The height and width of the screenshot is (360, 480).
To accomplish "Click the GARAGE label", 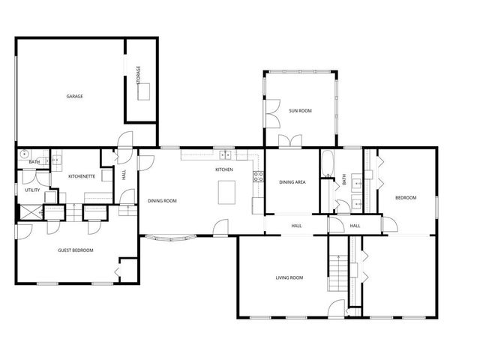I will pos(74,96).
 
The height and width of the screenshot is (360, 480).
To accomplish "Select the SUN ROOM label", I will pos(300,110).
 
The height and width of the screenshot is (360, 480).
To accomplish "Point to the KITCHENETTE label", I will pos(81,175).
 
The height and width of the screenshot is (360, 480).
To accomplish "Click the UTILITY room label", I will pos(32,190).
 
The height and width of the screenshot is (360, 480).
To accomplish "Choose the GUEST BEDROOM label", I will pos(76,250).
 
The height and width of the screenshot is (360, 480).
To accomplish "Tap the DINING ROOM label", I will pos(162,200).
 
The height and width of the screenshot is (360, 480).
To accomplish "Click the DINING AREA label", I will pos(292,182).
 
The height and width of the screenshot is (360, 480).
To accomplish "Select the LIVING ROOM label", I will pos(289,277).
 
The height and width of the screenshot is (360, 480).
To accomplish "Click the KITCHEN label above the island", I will pos(224,169).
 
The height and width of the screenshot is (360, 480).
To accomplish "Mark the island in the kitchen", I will pos(226,193).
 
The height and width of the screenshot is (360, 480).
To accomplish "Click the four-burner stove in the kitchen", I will pos(258,177).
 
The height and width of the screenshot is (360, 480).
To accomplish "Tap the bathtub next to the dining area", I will pos(325,164).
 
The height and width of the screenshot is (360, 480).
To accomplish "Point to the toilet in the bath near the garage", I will pos(23,154).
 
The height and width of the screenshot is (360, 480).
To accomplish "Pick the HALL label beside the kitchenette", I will pos(124,175).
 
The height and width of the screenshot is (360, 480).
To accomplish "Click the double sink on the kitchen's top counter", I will pos(223,156).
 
